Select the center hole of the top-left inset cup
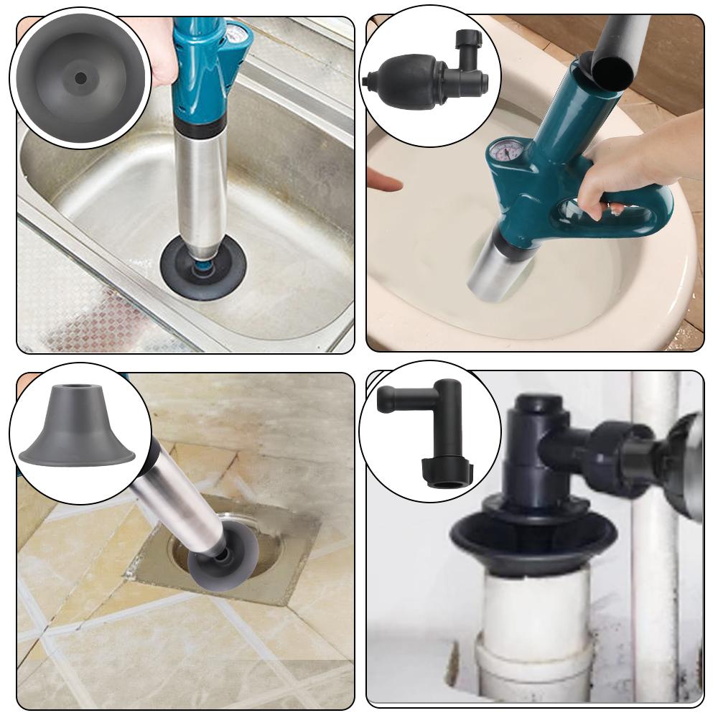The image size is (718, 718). point(80,78)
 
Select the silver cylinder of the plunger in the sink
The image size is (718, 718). point(202,187)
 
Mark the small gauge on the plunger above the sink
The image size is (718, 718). point(236,34)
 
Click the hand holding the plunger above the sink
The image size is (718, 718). point(162,57)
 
